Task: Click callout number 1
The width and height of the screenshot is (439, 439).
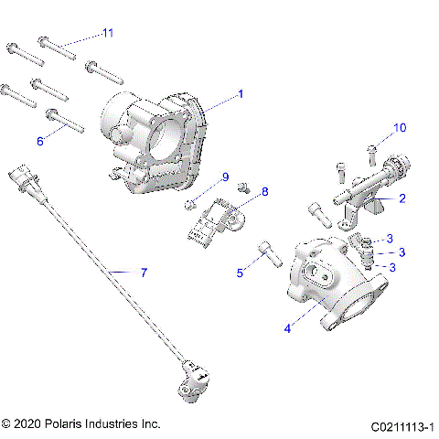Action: point(241,93)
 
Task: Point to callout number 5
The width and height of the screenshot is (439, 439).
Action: point(241,272)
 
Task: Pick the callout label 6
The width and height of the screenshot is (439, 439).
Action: point(40,141)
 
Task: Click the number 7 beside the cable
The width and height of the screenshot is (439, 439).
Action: point(143,273)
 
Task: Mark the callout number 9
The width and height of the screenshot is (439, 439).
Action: point(220,177)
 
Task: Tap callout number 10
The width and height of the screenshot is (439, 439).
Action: point(399,127)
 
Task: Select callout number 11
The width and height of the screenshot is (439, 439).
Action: point(108,33)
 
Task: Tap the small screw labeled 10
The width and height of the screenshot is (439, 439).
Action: point(372,151)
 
